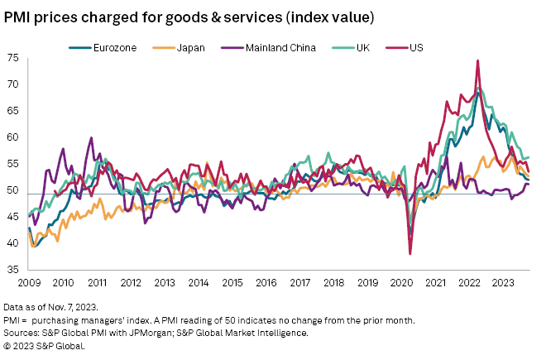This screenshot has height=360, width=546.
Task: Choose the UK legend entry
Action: point(363,48)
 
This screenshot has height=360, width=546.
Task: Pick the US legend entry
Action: point(417,48)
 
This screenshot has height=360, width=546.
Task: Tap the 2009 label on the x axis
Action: point(28,283)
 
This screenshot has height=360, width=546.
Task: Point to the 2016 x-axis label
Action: point(266,283)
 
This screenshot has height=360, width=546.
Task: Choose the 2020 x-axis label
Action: point(402,283)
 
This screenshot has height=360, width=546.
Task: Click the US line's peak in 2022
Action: point(477,60)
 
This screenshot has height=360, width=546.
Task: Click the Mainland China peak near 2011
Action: point(91,138)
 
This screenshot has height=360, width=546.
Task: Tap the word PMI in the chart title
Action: point(21,17)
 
